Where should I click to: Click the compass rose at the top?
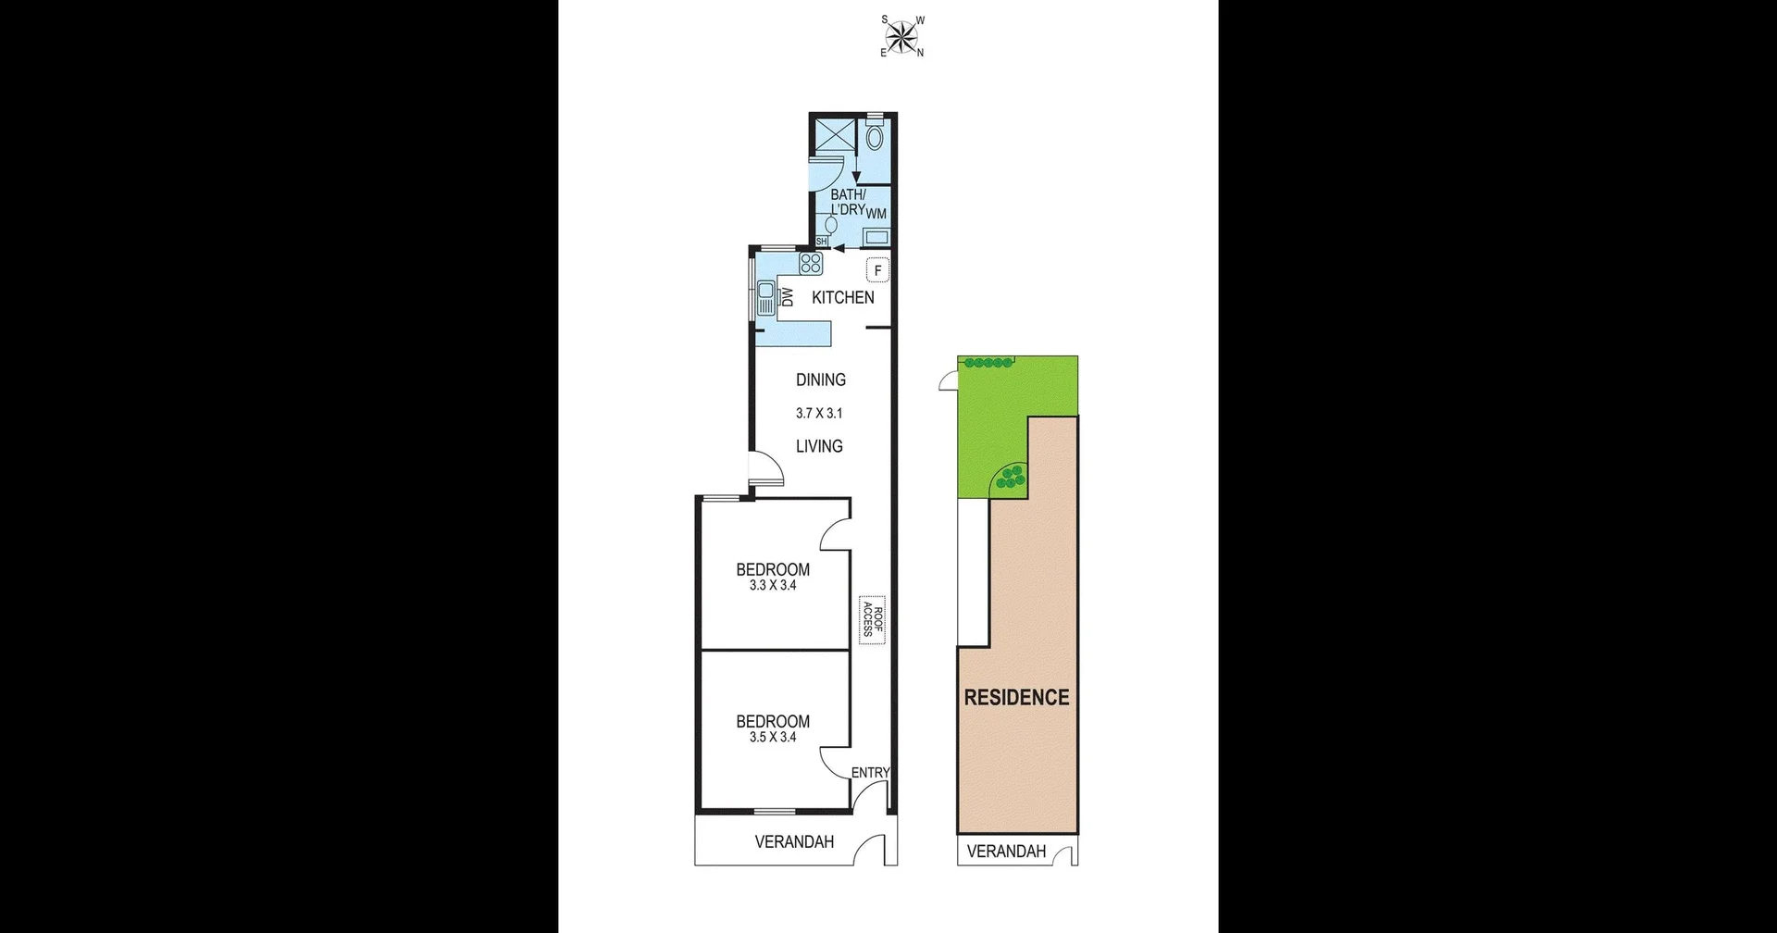coord(901,36)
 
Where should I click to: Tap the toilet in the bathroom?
coord(876,137)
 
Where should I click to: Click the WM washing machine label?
coord(876,214)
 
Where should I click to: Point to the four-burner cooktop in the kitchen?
coord(811,263)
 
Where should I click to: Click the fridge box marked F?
coord(877,270)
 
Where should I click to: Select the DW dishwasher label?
coord(788,297)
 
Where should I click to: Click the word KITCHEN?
coord(842,297)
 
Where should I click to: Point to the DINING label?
coord(820,379)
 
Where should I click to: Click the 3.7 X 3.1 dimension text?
coord(819,414)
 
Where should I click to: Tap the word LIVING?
coord(819,446)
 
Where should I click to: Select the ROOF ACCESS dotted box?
coord(871,619)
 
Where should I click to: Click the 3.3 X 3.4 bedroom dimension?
coord(773,585)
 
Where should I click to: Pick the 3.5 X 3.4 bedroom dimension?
coord(773,737)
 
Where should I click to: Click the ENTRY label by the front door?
coord(870,772)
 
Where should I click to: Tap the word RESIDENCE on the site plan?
coord(1016,697)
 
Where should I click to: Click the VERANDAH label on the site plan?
coord(1006,852)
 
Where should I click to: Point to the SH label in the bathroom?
coord(821,241)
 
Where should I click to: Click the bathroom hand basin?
coord(830,224)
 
